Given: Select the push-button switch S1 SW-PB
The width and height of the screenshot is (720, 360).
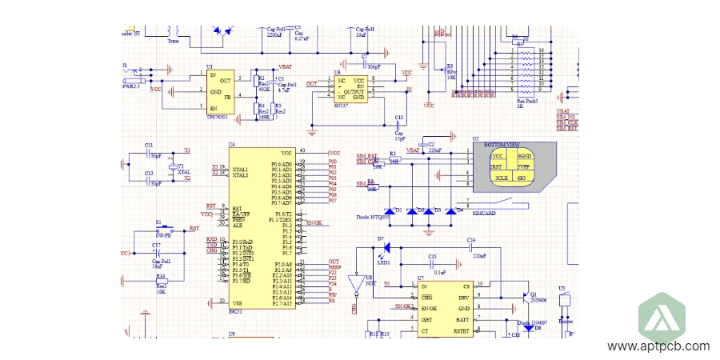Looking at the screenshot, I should [x=169, y=230].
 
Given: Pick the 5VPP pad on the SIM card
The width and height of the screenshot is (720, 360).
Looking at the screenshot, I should [x=524, y=166].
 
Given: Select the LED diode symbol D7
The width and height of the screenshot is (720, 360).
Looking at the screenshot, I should [x=386, y=248].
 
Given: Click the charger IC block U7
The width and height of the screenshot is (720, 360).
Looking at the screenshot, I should [x=445, y=308].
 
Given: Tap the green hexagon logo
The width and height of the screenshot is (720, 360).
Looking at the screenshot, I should [x=664, y=315].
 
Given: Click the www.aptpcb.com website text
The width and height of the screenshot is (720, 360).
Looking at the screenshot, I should [x=658, y=346].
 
